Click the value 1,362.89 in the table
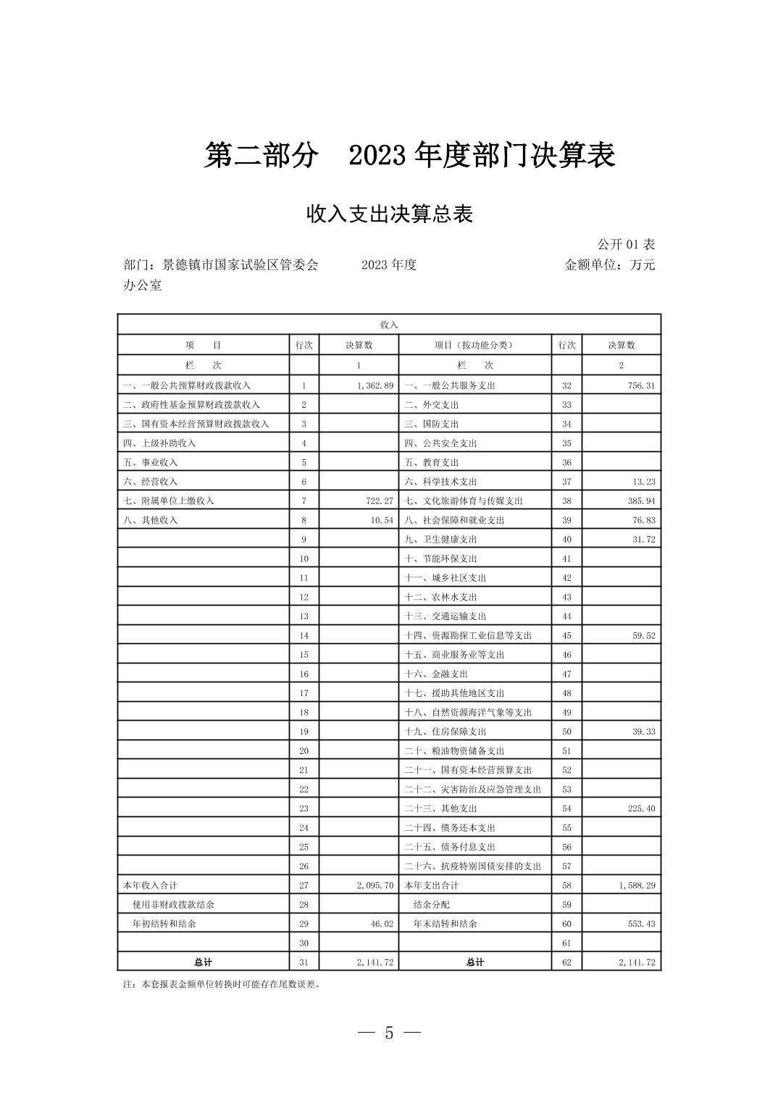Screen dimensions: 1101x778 pos(375,385)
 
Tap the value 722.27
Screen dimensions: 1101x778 pos(379,501)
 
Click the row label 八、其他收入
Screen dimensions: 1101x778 pos(151,520)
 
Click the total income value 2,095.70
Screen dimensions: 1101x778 pos(375,885)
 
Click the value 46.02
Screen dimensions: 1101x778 pos(381,924)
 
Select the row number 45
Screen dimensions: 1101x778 pos(566,635)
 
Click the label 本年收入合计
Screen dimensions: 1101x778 pos(151,885)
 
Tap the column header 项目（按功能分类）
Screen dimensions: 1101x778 pos(474,346)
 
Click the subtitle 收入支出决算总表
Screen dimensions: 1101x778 pos(389,214)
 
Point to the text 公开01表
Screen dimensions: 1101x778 pos(626,245)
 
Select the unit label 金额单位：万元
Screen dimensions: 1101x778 pos(609,265)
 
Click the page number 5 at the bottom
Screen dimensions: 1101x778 pos(389,1033)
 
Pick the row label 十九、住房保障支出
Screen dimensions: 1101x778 pos(446,732)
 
